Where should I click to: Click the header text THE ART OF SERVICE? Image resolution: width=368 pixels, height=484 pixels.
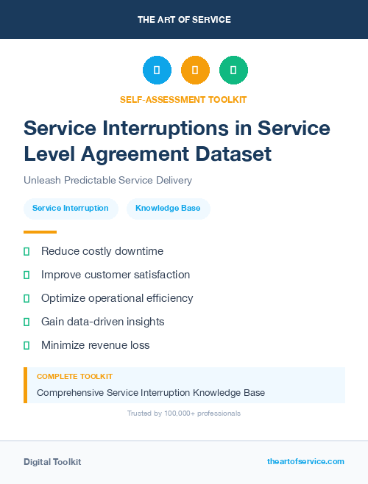click(184, 19)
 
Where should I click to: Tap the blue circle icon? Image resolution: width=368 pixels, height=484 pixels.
click(157, 71)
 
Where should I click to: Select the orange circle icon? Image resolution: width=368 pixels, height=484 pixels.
click(195, 71)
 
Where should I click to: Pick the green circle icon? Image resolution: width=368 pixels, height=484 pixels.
click(233, 71)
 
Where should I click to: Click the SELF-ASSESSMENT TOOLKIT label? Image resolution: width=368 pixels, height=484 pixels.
click(184, 99)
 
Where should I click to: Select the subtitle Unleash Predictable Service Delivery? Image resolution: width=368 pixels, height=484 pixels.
click(107, 181)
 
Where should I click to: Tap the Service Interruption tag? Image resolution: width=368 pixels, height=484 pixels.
click(71, 209)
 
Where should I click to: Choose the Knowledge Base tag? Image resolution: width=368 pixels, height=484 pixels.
click(168, 209)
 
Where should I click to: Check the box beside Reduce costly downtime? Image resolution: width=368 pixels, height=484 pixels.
click(26, 251)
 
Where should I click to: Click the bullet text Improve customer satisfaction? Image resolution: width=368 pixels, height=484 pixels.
click(116, 275)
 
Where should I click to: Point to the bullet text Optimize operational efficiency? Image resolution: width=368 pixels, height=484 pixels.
click(117, 298)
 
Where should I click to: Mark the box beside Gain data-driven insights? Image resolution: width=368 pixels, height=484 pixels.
click(26, 322)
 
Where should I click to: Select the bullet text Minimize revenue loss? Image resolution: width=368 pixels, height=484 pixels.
click(96, 345)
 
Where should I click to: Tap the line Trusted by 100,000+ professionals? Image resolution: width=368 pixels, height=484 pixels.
click(184, 413)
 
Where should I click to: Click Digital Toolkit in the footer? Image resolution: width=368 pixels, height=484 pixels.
click(52, 462)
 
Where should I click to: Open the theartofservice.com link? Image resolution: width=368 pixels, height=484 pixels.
click(305, 461)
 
